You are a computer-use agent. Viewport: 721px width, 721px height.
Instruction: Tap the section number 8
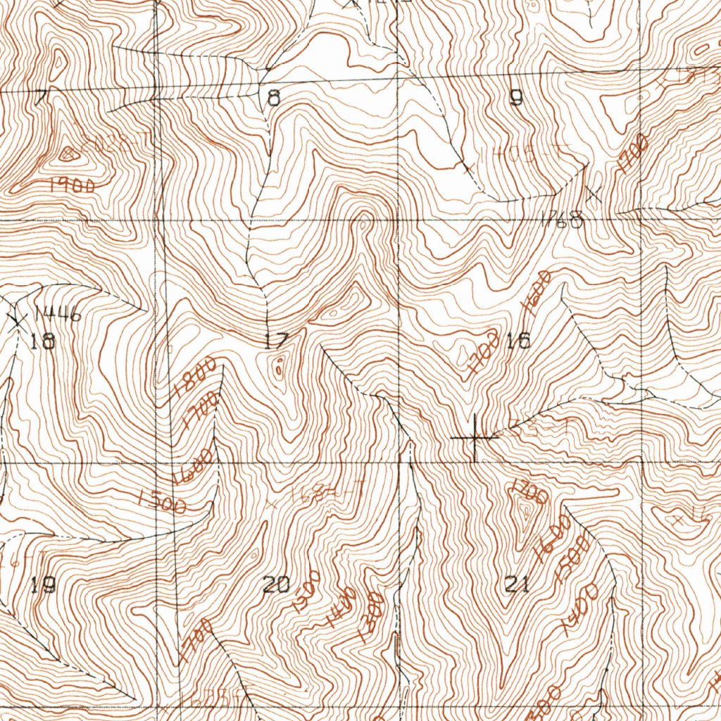[x=274, y=98]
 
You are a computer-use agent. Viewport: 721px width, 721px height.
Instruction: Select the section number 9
[x=516, y=99]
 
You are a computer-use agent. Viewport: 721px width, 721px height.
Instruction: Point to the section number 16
[x=518, y=341]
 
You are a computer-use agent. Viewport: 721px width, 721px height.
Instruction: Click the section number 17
[x=276, y=342]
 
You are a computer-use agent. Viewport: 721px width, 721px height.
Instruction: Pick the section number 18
[x=43, y=342]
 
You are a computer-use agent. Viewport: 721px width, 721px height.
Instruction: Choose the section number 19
[x=44, y=585]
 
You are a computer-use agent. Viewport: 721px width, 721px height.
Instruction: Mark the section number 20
[x=276, y=584]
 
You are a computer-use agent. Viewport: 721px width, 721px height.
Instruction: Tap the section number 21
[x=518, y=584]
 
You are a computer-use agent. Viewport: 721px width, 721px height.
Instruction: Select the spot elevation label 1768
[x=563, y=221]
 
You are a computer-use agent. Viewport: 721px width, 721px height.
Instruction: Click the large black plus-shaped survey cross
[x=475, y=438]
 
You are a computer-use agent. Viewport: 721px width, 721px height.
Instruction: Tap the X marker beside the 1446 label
[x=17, y=320]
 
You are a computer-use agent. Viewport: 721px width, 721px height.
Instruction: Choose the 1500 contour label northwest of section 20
[x=163, y=501]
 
